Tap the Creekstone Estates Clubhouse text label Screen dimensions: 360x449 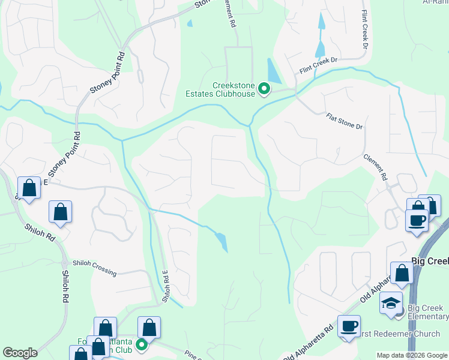point(234,90)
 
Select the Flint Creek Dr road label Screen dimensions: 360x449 point(319,65)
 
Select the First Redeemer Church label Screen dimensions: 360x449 point(390,333)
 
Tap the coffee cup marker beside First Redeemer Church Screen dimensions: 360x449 point(349,326)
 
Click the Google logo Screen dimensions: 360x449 point(20,353)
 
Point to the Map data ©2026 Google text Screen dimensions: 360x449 point(411,355)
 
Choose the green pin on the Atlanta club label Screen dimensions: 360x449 point(142,344)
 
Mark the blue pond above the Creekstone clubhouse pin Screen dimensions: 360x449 point(272,71)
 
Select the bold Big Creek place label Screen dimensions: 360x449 point(430,262)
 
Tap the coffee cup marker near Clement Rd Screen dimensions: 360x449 point(417,220)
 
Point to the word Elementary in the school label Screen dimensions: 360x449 point(428,316)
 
